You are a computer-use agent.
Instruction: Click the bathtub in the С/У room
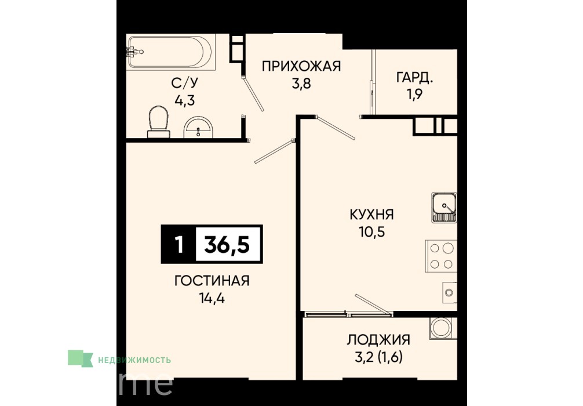coord(170,52)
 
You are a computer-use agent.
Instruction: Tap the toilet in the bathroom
coord(159,121)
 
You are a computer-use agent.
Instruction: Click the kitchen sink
coord(444,207)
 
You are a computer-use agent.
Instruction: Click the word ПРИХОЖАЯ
coord(301,66)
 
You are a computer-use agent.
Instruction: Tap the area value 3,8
coord(301,84)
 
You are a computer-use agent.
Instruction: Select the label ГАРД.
coord(414,77)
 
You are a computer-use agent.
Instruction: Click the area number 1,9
coord(414,95)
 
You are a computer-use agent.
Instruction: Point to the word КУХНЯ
coord(371,215)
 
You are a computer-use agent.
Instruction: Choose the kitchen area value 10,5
coord(371,232)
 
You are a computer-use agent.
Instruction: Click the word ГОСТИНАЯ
coord(212,281)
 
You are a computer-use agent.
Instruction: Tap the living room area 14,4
coord(212,298)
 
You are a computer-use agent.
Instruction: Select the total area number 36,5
coord(227,245)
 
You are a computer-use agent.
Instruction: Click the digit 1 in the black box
coord(179,245)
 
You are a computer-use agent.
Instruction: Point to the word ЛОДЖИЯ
coord(378,340)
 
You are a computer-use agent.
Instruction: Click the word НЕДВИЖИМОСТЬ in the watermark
coord(134,360)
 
